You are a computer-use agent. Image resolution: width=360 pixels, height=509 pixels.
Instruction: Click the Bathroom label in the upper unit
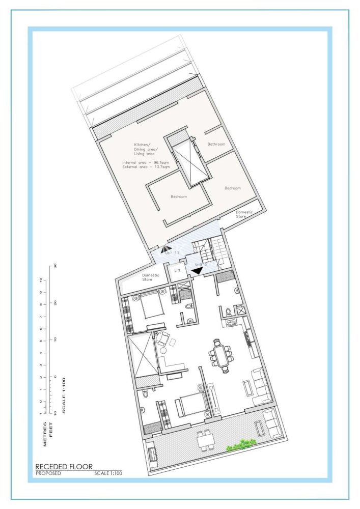[216, 144]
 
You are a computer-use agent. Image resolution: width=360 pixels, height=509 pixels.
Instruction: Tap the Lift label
[177, 270]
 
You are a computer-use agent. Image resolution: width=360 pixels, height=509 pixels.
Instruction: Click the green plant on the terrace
[241, 445]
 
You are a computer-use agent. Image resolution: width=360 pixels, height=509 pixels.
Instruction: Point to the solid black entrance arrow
[196, 271]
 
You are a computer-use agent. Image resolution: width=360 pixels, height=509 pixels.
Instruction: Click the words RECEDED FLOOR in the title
[64, 466]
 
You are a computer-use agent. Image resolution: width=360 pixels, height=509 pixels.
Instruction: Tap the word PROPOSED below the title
[48, 473]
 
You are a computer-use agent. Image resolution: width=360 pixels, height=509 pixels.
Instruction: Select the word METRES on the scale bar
[45, 434]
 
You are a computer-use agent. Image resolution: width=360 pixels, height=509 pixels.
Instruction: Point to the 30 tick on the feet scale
[54, 266]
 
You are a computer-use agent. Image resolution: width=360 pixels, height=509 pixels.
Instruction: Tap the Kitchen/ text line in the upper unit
[142, 145]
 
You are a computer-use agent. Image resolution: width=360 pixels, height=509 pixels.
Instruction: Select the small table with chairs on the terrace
[206, 440]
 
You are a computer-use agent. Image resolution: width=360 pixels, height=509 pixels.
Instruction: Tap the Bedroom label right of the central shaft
[232, 188]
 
